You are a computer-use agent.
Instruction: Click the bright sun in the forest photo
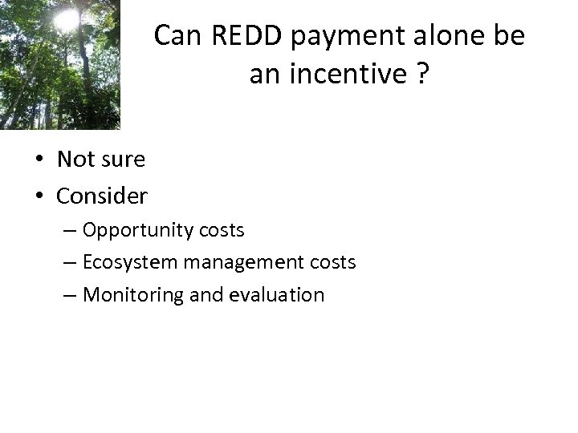67,18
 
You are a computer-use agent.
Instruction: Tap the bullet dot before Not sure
39,160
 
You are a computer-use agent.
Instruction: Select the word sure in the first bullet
124,160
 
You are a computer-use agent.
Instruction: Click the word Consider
102,195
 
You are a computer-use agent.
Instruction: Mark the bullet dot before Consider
39,196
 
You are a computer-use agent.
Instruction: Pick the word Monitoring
133,295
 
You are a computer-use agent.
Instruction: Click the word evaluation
278,294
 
